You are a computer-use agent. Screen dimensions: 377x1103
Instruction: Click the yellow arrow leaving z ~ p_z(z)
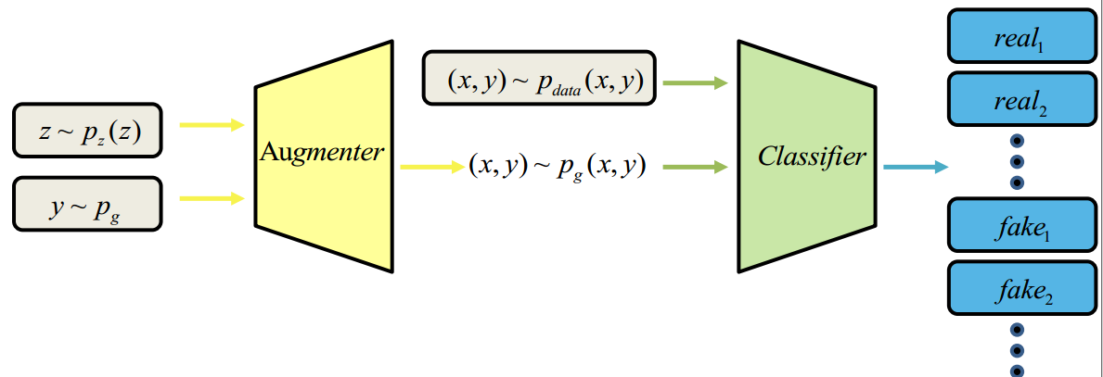click(211, 124)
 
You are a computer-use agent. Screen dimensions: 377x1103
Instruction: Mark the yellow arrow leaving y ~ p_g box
click(211, 196)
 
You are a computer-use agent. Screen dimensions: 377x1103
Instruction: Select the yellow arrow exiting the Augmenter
click(431, 168)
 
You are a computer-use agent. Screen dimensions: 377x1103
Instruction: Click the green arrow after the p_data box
click(696, 83)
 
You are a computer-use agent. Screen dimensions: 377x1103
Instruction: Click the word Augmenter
click(321, 152)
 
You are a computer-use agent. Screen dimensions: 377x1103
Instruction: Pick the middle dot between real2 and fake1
click(1017, 161)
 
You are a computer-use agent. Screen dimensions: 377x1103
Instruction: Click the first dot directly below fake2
click(1017, 329)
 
